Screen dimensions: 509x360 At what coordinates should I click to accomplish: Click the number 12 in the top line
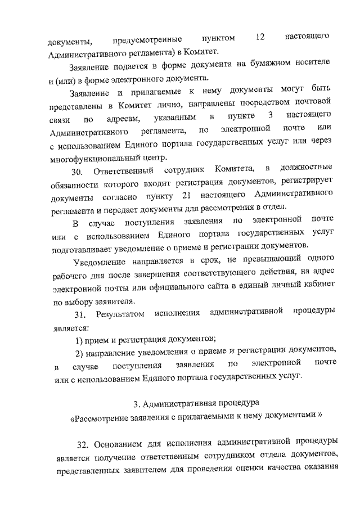[259, 37]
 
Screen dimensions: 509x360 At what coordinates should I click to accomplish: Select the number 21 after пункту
[188, 195]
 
